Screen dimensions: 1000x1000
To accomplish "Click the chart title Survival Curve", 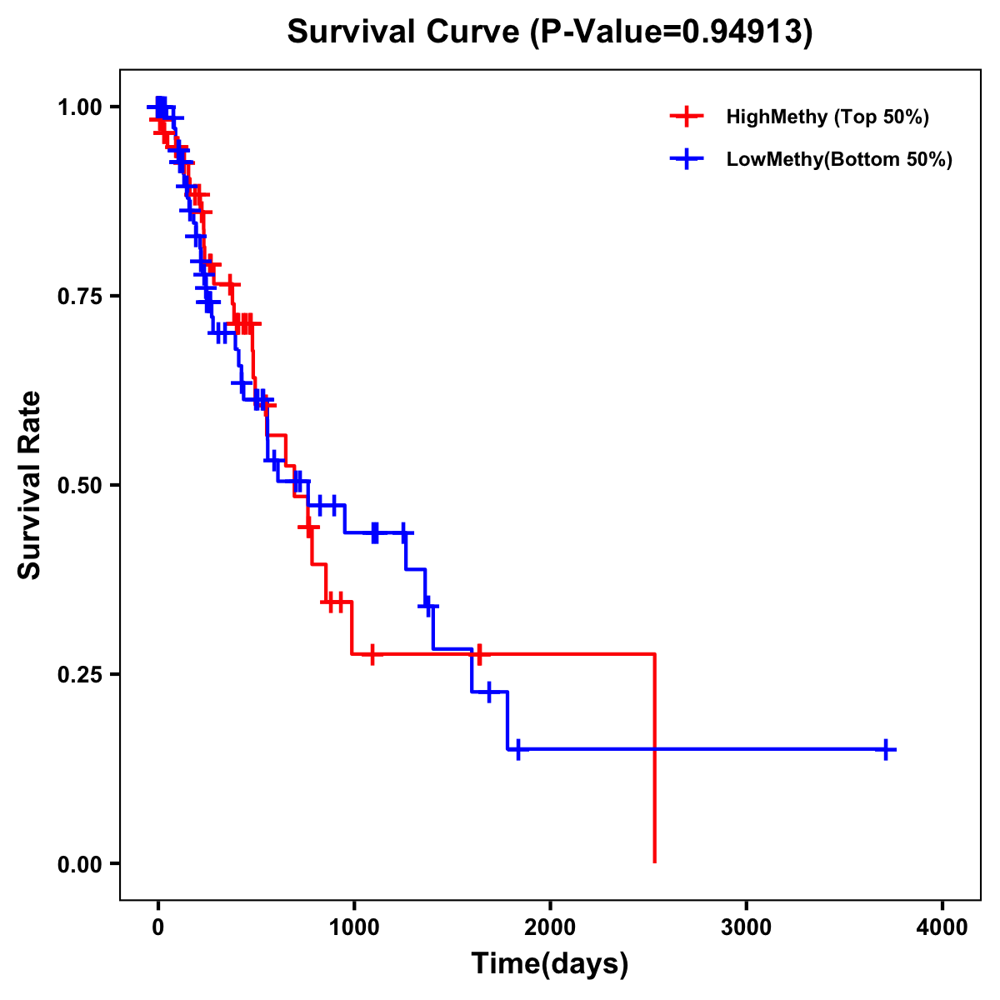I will pyautogui.click(x=406, y=32).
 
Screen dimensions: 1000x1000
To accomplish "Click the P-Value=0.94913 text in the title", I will pyautogui.click(x=673, y=32).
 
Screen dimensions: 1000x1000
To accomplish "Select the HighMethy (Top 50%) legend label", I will pyautogui.click(x=827, y=117).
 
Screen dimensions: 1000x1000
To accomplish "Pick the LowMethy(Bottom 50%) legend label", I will pyautogui.click(x=839, y=159).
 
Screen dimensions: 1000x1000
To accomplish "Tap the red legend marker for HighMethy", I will pyautogui.click(x=686, y=117).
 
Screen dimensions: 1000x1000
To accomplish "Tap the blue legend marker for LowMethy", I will pyautogui.click(x=686, y=159).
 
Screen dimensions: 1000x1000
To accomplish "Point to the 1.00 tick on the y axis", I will pyautogui.click(x=79, y=107).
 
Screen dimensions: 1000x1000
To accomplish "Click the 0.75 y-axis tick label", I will pyautogui.click(x=79, y=297).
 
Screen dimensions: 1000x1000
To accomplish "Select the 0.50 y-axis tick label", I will pyautogui.click(x=79, y=485).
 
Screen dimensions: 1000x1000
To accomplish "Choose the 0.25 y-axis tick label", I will pyautogui.click(x=79, y=674).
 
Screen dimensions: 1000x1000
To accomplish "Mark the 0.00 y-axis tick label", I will pyautogui.click(x=79, y=863).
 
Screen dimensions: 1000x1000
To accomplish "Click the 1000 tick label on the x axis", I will pyautogui.click(x=353, y=927).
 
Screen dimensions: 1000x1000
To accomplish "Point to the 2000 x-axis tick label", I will pyautogui.click(x=550, y=927).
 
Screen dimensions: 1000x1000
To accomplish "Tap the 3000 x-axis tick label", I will pyautogui.click(x=746, y=927).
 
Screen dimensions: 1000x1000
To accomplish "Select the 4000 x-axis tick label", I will pyautogui.click(x=942, y=927).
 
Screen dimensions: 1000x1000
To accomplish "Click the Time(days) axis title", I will pyautogui.click(x=549, y=964).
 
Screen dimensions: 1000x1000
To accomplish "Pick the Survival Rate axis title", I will pyautogui.click(x=30, y=485).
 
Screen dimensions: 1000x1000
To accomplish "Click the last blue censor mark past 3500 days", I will pyautogui.click(x=886, y=749).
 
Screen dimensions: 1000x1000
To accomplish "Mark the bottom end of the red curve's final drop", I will pyautogui.click(x=655, y=862).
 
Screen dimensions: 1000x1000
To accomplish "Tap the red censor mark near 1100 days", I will pyautogui.click(x=372, y=654).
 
